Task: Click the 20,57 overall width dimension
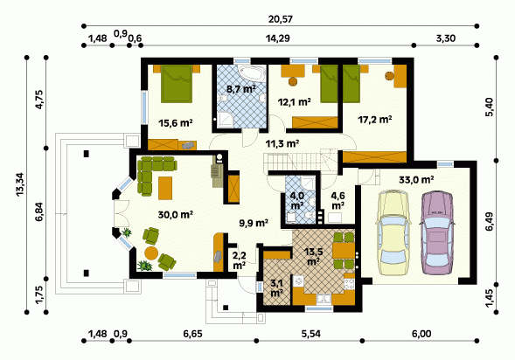(280, 19)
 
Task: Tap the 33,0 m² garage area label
(416, 180)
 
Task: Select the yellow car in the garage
(393, 232)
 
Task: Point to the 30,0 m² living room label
(175, 215)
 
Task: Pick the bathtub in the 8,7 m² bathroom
(251, 73)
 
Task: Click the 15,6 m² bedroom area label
(175, 123)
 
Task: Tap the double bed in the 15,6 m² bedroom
(177, 84)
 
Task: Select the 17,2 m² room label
(375, 120)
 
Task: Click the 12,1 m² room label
(295, 102)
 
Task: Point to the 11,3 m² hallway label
(282, 143)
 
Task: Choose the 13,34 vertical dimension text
(20, 184)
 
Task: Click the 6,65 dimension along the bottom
(192, 334)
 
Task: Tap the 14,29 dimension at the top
(277, 38)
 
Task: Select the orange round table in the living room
(151, 253)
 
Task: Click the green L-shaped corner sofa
(152, 170)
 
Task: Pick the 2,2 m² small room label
(240, 260)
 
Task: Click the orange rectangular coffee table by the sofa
(165, 188)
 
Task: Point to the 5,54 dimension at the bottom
(310, 334)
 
